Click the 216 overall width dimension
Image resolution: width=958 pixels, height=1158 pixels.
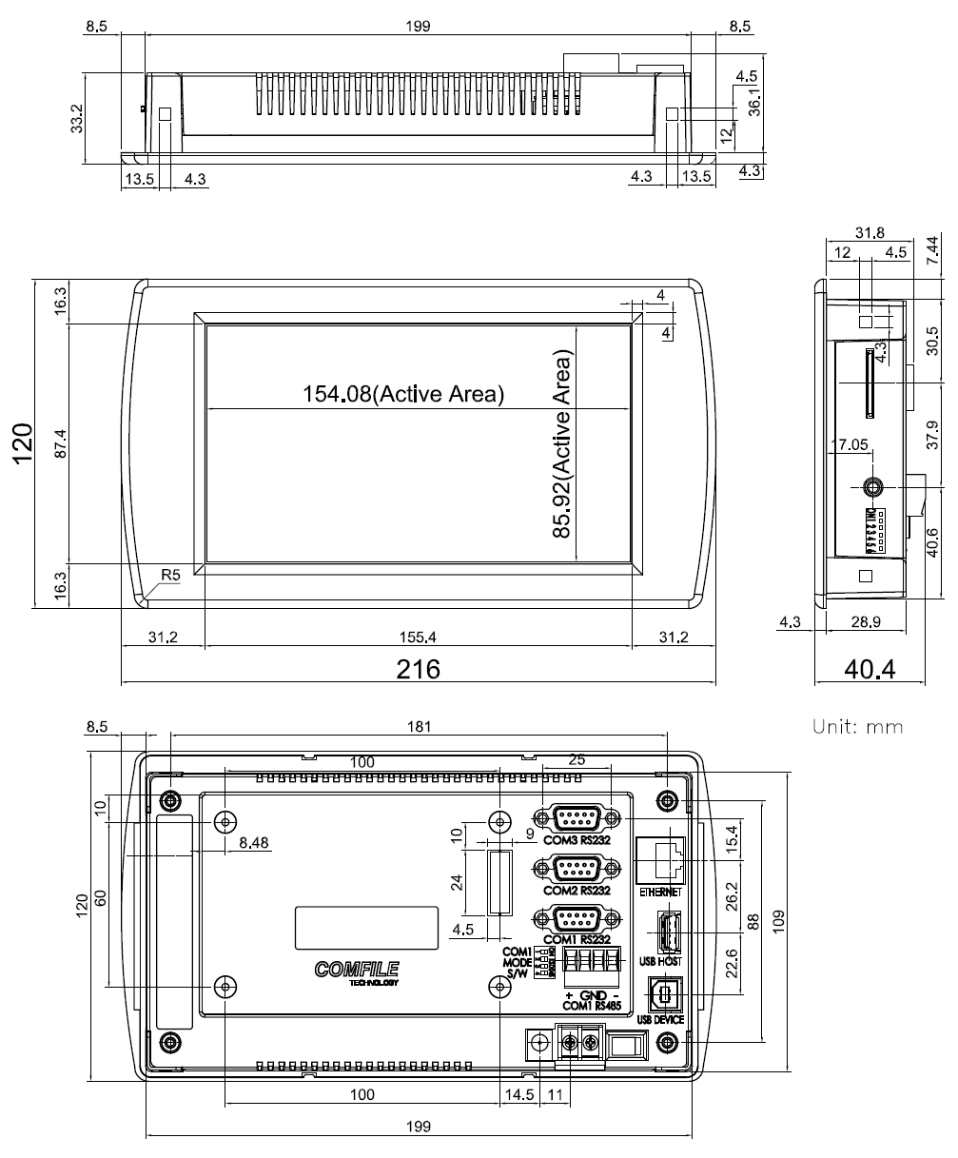(419, 669)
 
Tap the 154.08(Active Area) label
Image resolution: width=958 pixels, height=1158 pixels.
(402, 393)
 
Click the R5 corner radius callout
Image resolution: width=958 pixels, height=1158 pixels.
(171, 575)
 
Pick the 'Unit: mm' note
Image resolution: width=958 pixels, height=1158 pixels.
(857, 726)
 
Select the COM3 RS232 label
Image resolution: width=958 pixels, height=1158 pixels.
(576, 840)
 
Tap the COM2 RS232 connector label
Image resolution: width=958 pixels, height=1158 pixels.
(576, 892)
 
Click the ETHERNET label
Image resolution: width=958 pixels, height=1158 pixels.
(661, 893)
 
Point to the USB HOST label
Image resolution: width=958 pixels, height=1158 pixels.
(663, 960)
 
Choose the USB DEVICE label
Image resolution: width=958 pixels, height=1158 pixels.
(662, 1019)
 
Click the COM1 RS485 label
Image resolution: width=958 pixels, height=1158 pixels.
(593, 1006)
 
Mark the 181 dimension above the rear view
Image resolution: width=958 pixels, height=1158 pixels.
(419, 727)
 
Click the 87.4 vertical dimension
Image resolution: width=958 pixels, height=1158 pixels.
(60, 442)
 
